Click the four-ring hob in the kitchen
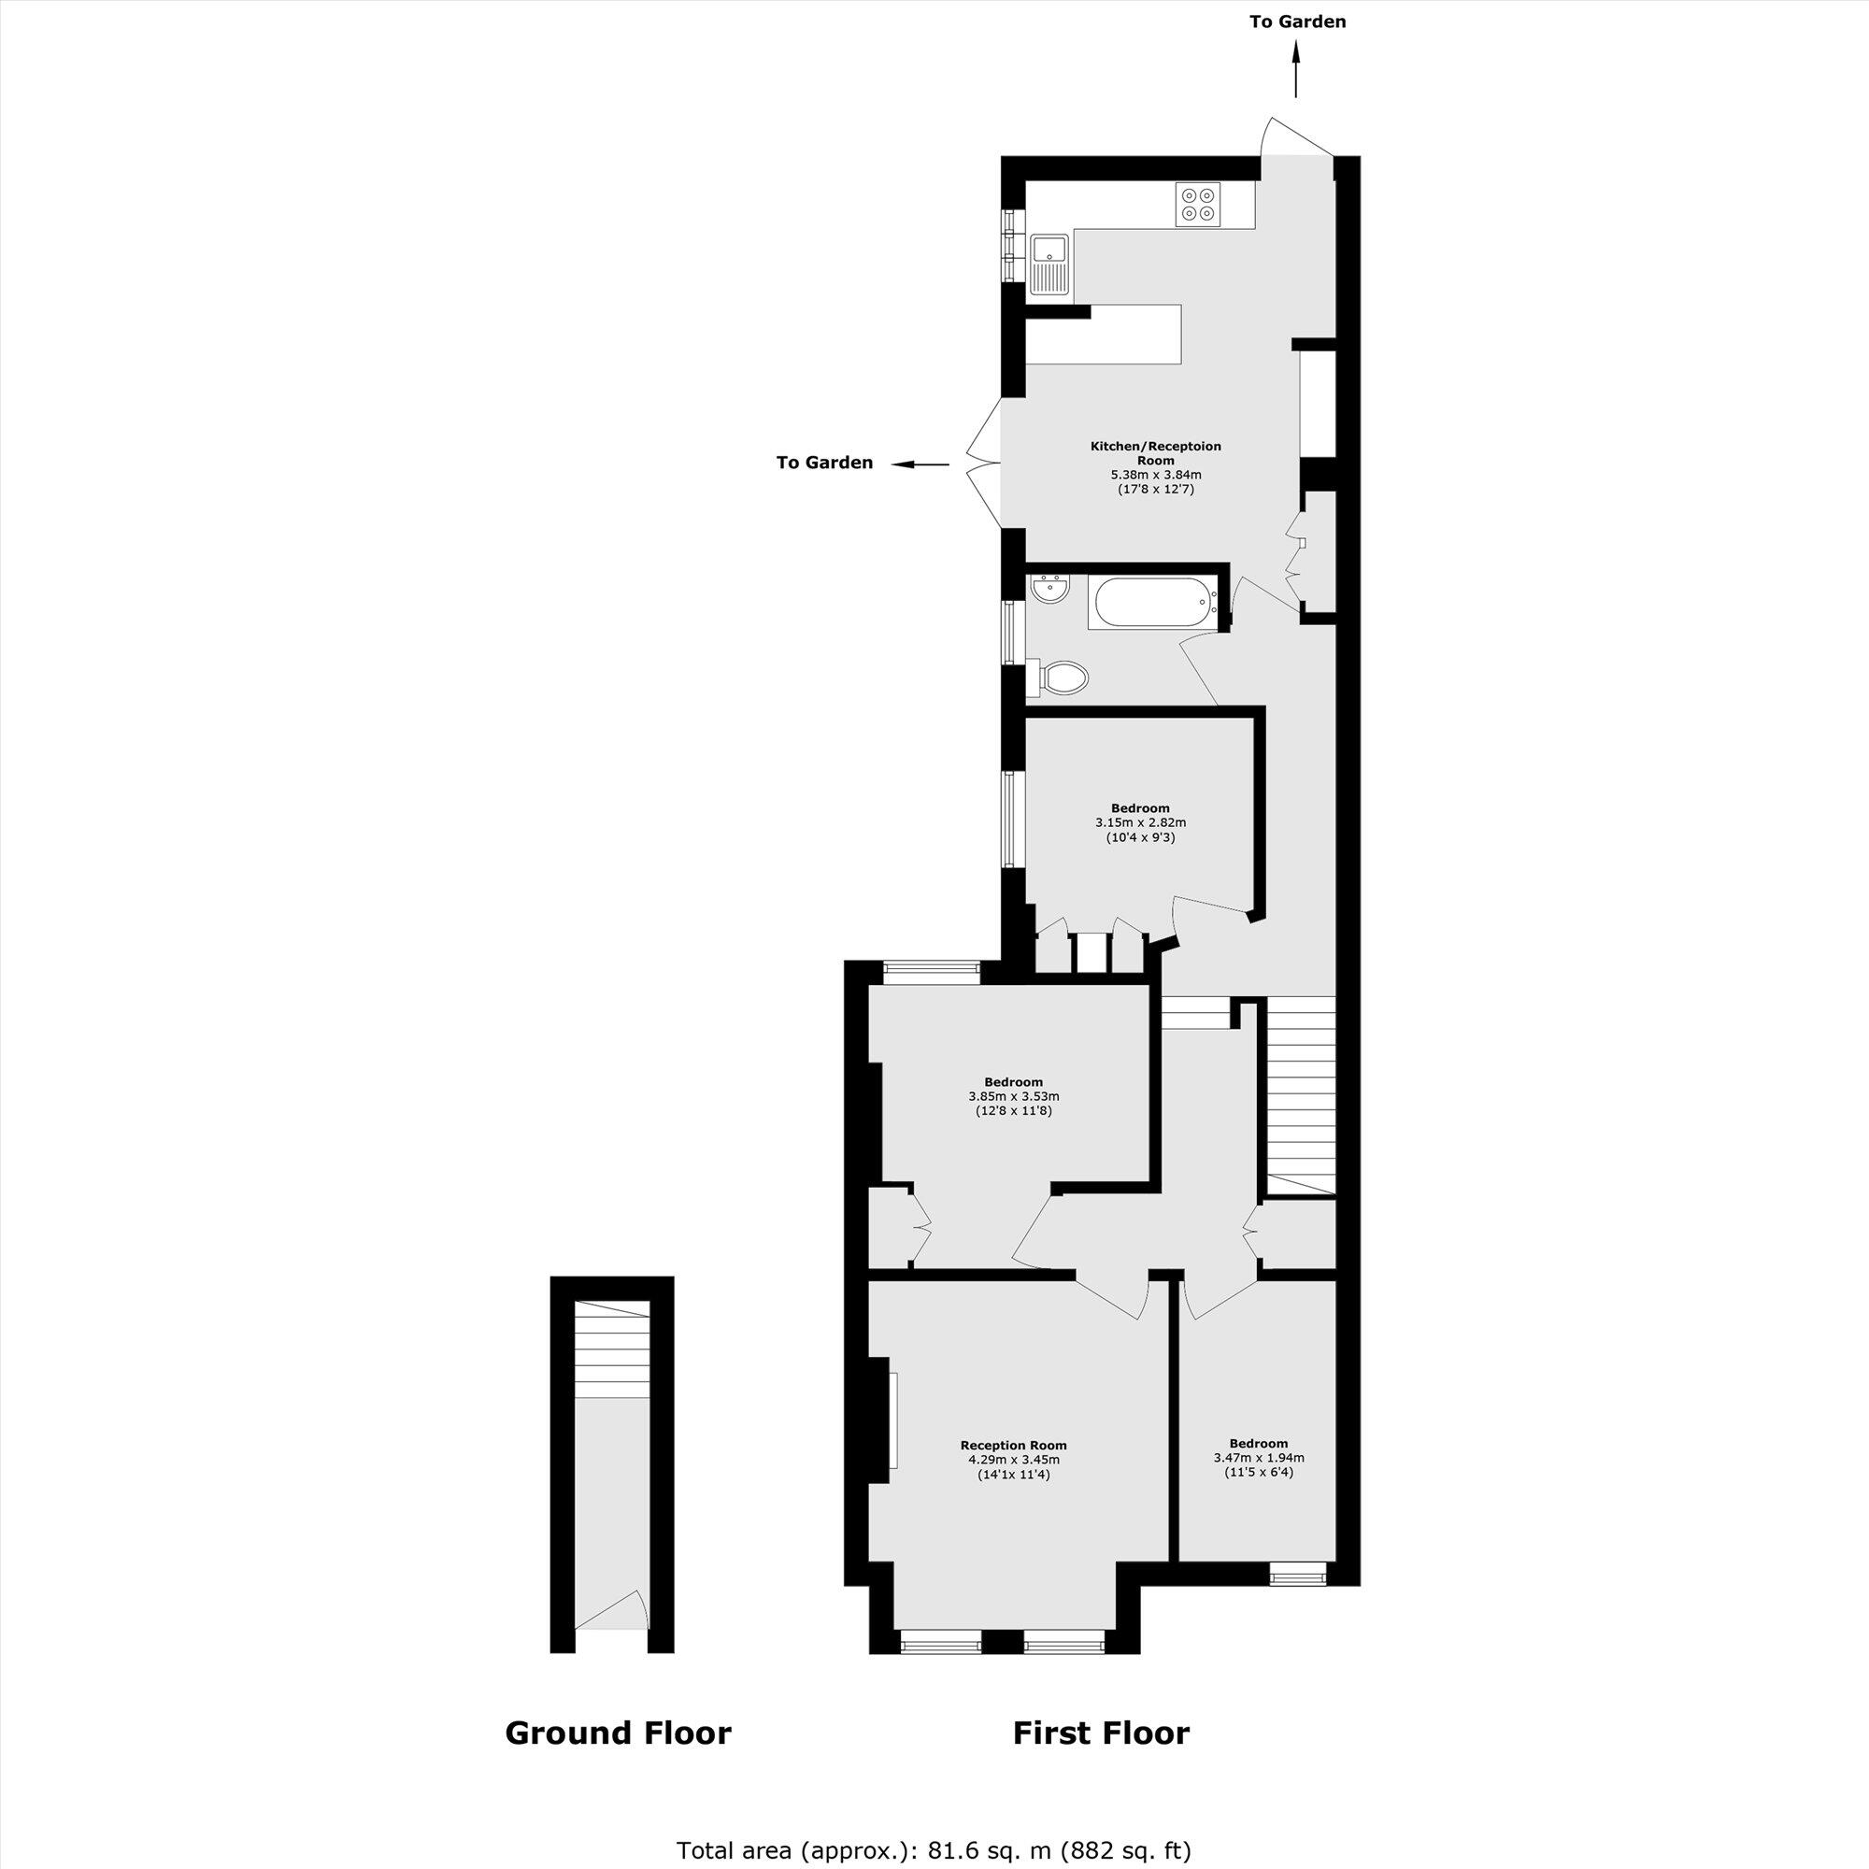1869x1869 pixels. coord(1198,204)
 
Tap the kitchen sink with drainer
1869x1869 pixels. coord(1049,264)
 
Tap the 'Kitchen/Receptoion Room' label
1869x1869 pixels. coord(1155,452)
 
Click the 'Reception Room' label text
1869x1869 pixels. coord(1013,1446)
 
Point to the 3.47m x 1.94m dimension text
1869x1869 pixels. coord(1259,1458)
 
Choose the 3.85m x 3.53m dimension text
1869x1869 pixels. coord(1013,1096)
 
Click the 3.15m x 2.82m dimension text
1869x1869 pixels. coord(1139,822)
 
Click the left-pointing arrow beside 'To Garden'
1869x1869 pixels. coord(919,464)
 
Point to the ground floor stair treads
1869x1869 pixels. coord(611,1348)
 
